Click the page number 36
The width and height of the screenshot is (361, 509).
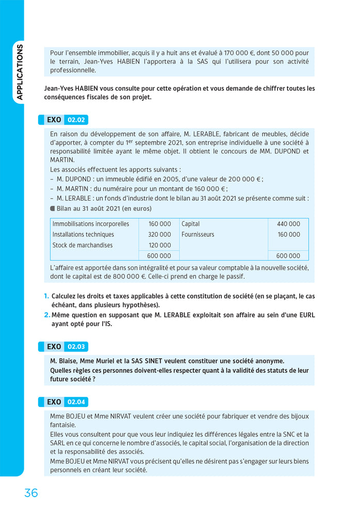[31, 493]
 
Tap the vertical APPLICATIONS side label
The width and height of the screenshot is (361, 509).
[20, 72]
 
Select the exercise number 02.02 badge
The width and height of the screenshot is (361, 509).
[76, 120]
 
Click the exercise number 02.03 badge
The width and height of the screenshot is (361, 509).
[76, 346]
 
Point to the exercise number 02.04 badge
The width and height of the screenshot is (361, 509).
[76, 401]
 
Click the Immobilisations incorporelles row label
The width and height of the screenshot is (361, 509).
[90, 224]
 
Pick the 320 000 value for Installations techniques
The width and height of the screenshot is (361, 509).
[160, 235]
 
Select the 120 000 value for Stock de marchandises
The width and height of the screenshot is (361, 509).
[160, 245]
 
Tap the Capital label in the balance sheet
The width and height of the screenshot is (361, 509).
[190, 224]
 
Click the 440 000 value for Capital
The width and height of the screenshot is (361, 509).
[288, 224]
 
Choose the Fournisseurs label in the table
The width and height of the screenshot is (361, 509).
[198, 235]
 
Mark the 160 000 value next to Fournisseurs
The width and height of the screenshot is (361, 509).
[288, 235]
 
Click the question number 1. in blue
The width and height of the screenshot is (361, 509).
[46, 296]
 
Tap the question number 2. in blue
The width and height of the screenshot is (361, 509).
[46, 315]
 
